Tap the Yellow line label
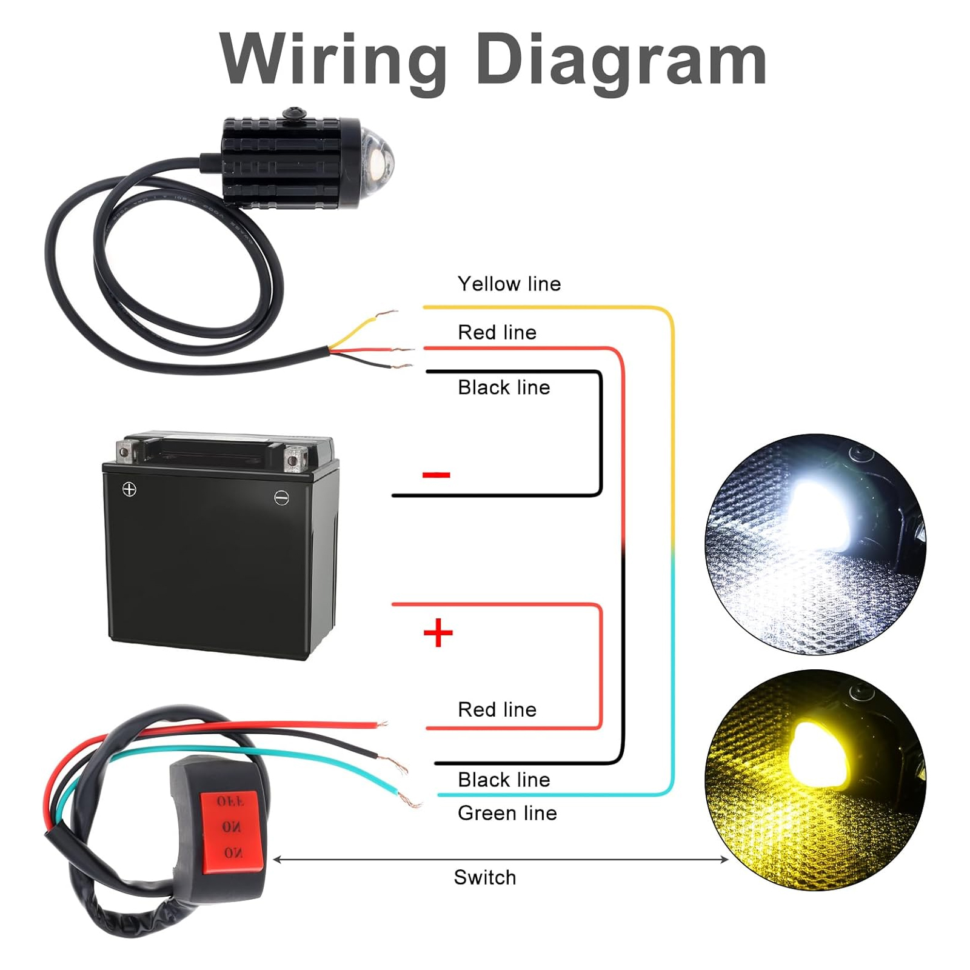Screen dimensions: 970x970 (509, 284)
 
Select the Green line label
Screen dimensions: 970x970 (507, 813)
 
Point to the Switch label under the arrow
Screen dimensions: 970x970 (485, 877)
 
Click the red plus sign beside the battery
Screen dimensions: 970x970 (438, 633)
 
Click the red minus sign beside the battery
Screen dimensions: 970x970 (436, 475)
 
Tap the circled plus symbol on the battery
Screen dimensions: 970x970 (129, 489)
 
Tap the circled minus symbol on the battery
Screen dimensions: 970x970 (281, 498)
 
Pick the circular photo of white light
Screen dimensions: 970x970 (815, 544)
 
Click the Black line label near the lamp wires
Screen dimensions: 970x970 (504, 387)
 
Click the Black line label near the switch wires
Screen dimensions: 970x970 (504, 780)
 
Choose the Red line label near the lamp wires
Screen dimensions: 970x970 (497, 332)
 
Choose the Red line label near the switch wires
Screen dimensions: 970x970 (497, 709)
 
